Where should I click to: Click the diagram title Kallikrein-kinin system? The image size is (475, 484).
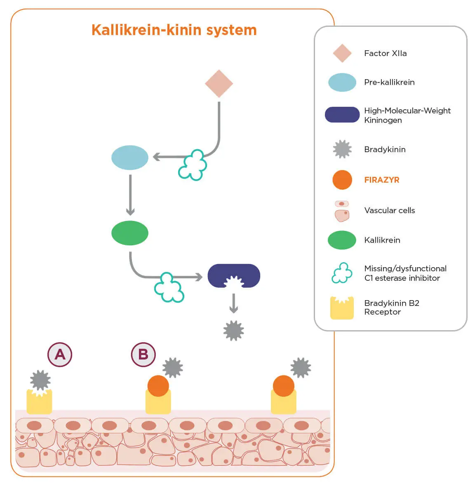(x=174, y=30)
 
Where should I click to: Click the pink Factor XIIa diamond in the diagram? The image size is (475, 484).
(x=219, y=84)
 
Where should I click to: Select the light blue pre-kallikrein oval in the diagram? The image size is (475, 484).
(x=130, y=157)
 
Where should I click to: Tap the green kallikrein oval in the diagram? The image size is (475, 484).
(x=130, y=233)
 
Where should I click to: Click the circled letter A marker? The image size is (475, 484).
(x=60, y=355)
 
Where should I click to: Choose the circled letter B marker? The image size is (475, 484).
(x=143, y=355)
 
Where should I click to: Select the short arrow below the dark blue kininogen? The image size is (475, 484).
(x=234, y=303)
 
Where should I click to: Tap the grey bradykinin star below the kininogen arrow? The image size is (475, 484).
(x=234, y=331)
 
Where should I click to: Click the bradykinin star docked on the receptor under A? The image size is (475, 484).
(x=40, y=380)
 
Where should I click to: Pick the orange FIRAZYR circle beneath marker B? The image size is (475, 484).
(x=158, y=386)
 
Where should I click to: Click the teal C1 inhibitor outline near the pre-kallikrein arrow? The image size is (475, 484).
(x=193, y=165)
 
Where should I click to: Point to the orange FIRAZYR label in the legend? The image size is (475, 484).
(x=382, y=180)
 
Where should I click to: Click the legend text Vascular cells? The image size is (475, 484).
(x=390, y=210)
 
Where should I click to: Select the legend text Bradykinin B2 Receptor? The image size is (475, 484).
(x=391, y=308)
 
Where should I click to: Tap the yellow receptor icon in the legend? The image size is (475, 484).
(x=342, y=308)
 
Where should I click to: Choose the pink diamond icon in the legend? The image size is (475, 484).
(x=342, y=53)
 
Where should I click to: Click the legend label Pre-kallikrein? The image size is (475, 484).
(x=389, y=82)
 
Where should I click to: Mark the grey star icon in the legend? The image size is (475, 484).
(x=342, y=149)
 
